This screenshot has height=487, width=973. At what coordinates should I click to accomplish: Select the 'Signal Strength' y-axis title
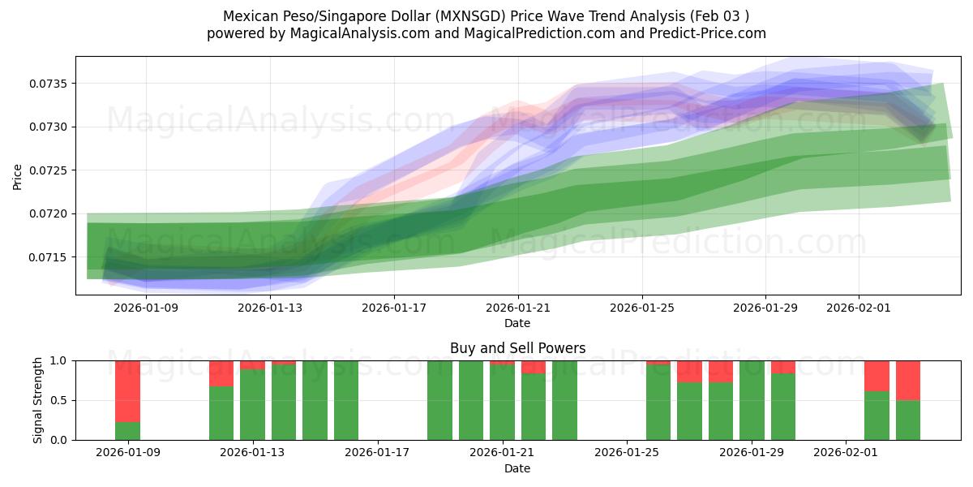click(x=38, y=399)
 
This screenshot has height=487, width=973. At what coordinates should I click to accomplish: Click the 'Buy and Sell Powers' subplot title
click(x=517, y=348)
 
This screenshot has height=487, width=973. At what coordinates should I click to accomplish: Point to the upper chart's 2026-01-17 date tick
click(x=393, y=308)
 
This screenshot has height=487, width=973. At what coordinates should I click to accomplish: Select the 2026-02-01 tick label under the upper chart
click(x=859, y=308)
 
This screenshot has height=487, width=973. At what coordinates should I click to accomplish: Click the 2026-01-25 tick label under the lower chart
click(x=627, y=452)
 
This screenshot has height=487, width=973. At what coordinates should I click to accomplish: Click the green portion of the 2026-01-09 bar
click(x=127, y=431)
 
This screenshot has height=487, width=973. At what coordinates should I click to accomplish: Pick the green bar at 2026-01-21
click(x=502, y=402)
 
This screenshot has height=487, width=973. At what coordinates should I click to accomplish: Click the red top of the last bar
click(x=908, y=380)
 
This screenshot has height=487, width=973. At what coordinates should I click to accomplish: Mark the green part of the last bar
click(x=908, y=420)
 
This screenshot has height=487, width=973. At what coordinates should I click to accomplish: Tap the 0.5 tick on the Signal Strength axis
click(x=62, y=400)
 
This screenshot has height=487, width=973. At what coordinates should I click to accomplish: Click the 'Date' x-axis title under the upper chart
click(x=517, y=323)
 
